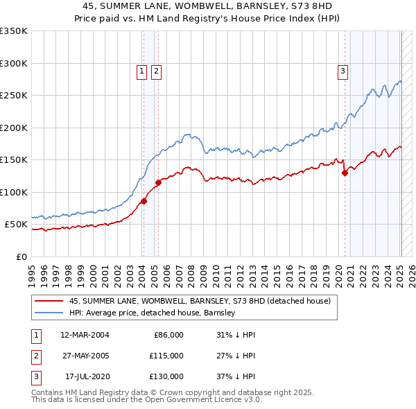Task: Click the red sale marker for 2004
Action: [144, 202]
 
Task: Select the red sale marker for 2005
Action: [158, 183]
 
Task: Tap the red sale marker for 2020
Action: [345, 173]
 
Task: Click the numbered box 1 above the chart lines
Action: [141, 70]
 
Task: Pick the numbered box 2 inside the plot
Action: [156, 70]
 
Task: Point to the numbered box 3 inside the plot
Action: [343, 70]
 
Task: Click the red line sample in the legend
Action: [49, 302]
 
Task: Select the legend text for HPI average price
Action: [153, 313]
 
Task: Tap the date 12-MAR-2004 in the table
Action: [85, 335]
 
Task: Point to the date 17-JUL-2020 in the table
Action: [85, 376]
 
